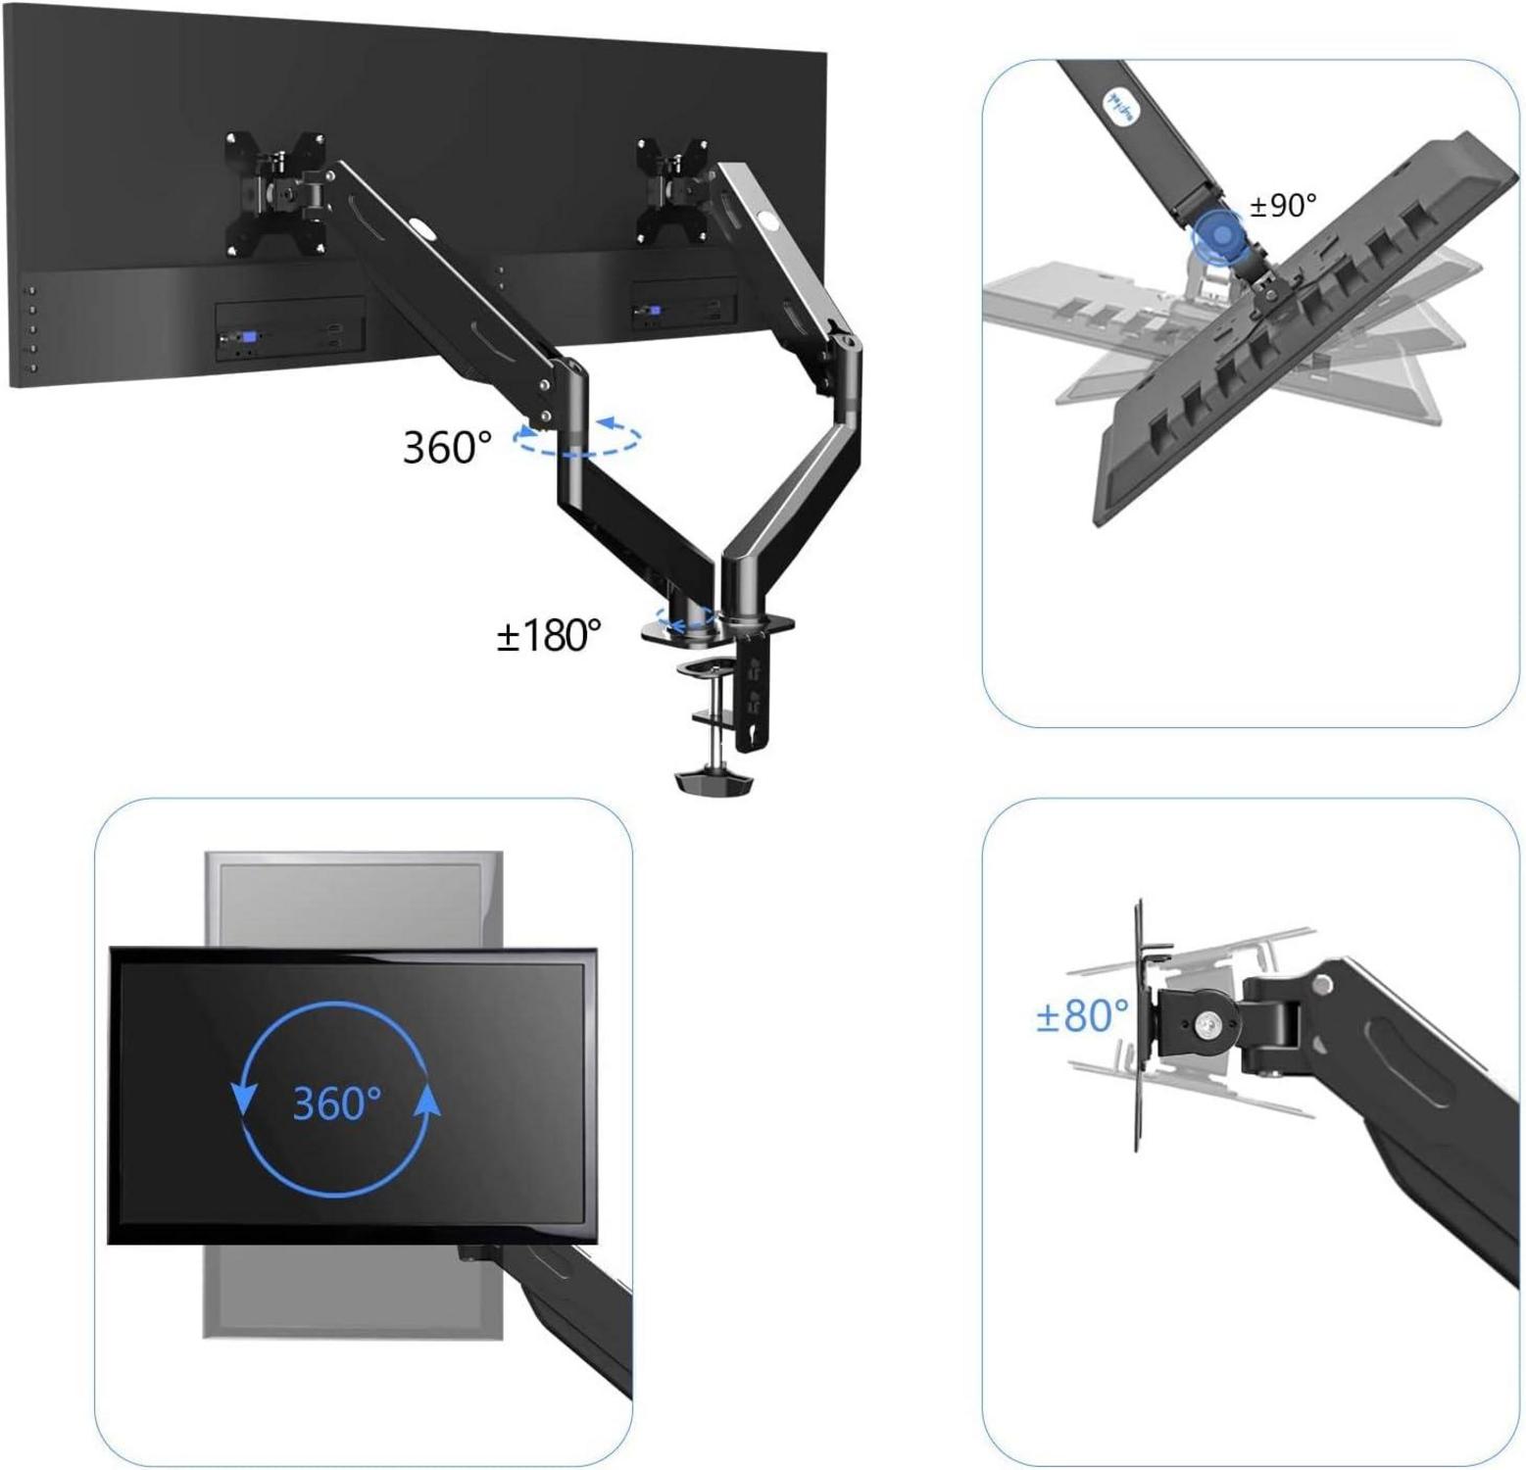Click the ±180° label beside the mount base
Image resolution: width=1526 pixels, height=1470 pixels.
549,635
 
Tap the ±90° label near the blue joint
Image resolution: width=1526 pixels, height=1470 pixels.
1283,205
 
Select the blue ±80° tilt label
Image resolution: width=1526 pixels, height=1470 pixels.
1082,1015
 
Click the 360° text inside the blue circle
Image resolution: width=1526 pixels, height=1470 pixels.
336,1102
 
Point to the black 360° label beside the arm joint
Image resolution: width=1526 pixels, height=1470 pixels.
447,447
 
